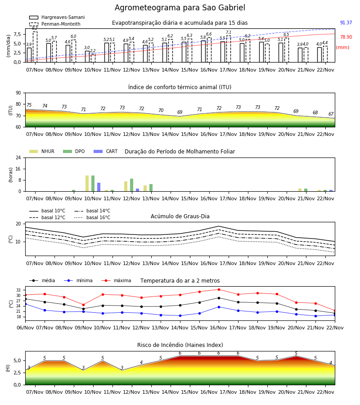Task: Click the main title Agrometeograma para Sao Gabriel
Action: (x=180, y=8)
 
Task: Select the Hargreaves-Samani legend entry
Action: (x=57, y=17)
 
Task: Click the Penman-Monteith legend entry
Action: (x=55, y=24)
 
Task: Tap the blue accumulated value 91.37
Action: (x=346, y=23)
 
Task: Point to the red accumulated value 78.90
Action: (x=346, y=37)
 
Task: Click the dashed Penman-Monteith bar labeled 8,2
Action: (x=35, y=47)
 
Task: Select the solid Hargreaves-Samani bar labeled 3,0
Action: (x=87, y=57)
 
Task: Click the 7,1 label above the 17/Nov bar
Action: (x=229, y=32)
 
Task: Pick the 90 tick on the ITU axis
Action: (x=18, y=93)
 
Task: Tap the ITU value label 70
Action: (x=161, y=110)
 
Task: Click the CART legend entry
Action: (x=106, y=151)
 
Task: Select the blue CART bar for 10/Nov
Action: (x=99, y=187)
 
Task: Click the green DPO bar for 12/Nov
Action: (x=132, y=185)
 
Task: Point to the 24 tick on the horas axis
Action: (x=18, y=157)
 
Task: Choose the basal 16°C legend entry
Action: (x=92, y=217)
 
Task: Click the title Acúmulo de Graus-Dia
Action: (x=180, y=216)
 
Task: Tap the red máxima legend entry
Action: (x=116, y=280)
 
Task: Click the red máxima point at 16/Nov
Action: (x=219, y=289)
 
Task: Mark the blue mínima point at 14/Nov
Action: (x=180, y=315)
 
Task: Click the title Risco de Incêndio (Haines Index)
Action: (x=180, y=345)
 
